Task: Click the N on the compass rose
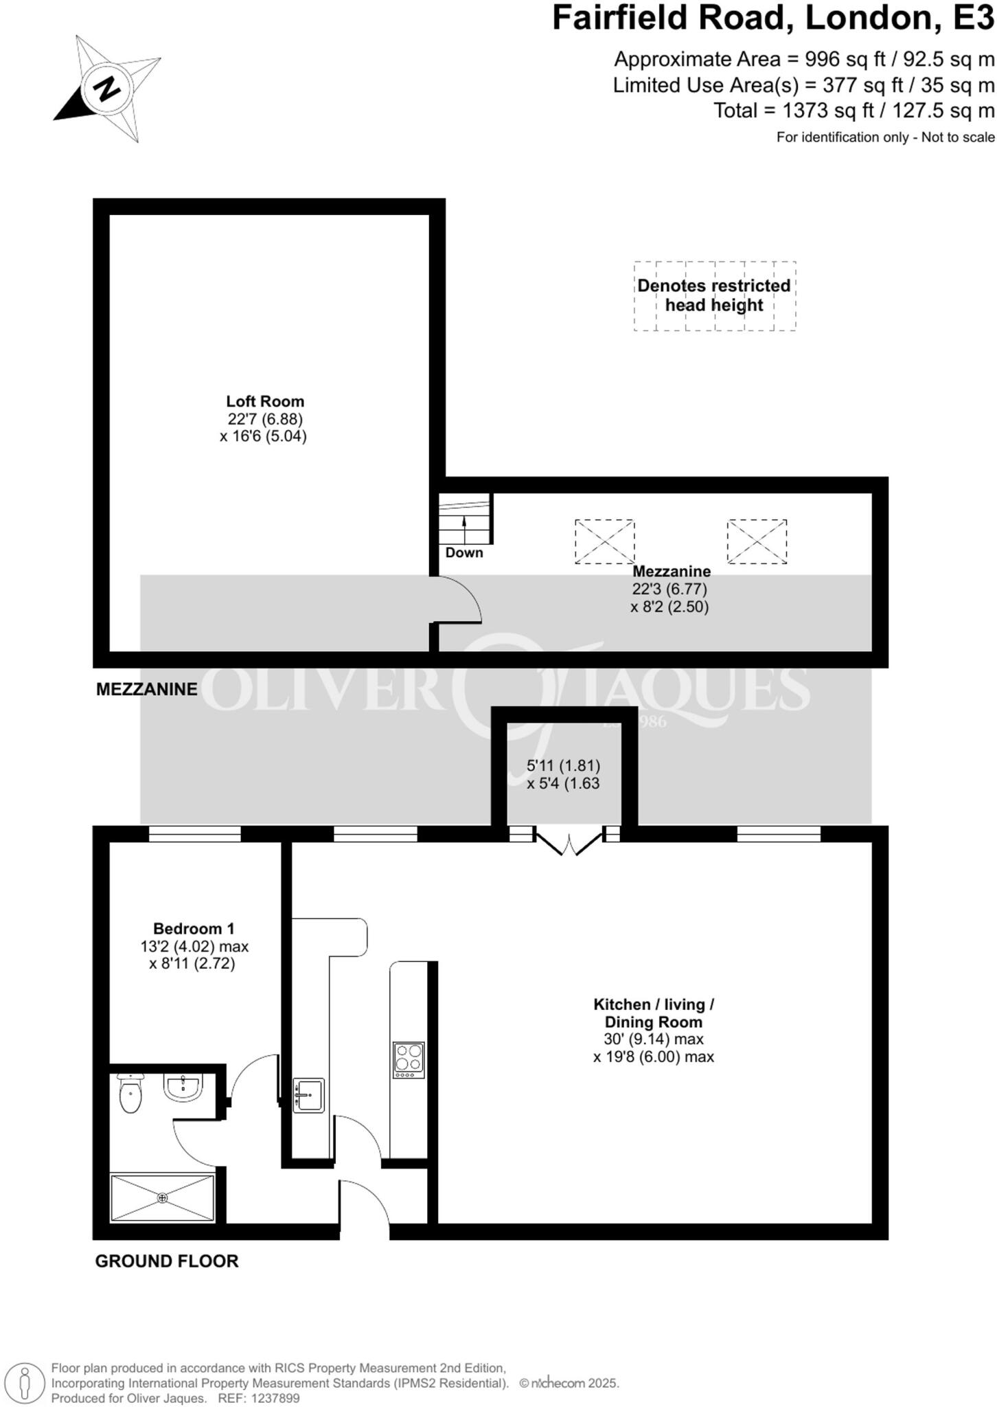[x=106, y=88]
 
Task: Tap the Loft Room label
[x=265, y=401]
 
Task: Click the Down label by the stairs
[x=464, y=552]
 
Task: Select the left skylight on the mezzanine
[x=604, y=542]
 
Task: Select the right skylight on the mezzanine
[x=757, y=542]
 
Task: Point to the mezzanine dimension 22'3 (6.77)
[x=669, y=589]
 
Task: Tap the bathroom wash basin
[x=183, y=1088]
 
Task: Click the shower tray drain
[x=163, y=1198]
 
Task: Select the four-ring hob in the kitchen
[x=409, y=1060]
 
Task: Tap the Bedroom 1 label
[x=194, y=929]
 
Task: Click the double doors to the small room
[x=569, y=844]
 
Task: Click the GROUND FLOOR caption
[x=167, y=1261]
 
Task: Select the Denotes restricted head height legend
[x=714, y=295]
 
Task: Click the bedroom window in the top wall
[x=194, y=834]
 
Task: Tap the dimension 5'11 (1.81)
[x=563, y=765]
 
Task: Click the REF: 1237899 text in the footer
[x=259, y=1398]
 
